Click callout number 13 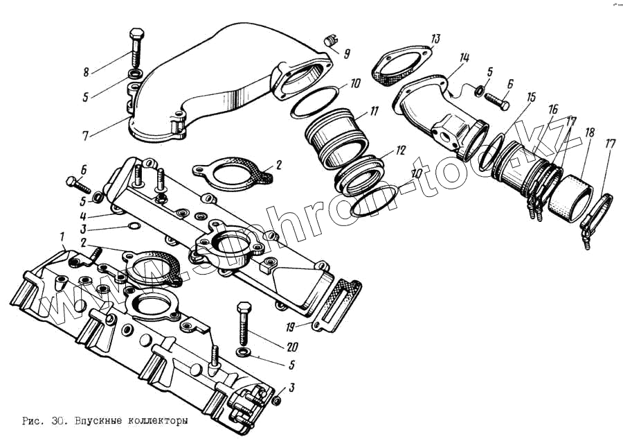[x=435, y=38]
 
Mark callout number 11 [x=374, y=111]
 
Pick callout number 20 [x=292, y=347]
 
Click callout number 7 [x=85, y=135]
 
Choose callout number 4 [x=82, y=215]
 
